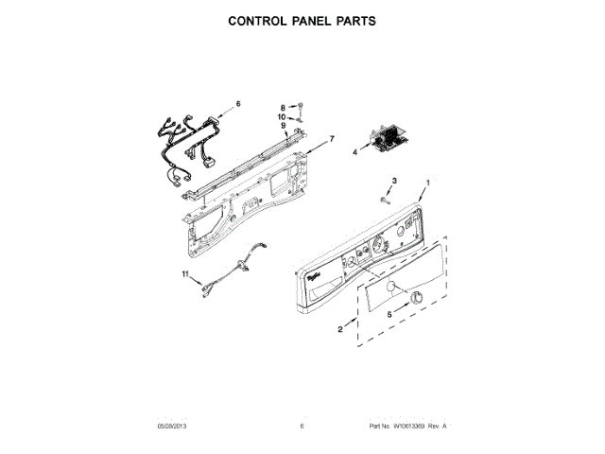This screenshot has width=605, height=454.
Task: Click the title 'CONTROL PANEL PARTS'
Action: coord(302,20)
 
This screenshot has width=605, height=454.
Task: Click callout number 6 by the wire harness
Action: coord(238,103)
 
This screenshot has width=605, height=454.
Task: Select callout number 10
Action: coord(281,116)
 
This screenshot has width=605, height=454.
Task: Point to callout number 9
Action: coord(281,125)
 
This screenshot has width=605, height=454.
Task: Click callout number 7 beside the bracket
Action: coord(331,139)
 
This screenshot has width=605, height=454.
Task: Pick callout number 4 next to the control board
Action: coord(355,150)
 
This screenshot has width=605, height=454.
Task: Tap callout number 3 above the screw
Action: coord(394,181)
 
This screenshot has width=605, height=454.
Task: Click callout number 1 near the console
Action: coord(427,182)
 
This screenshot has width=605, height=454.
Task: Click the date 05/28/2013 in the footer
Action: coord(172,427)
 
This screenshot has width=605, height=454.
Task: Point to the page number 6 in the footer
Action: coord(302,427)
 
